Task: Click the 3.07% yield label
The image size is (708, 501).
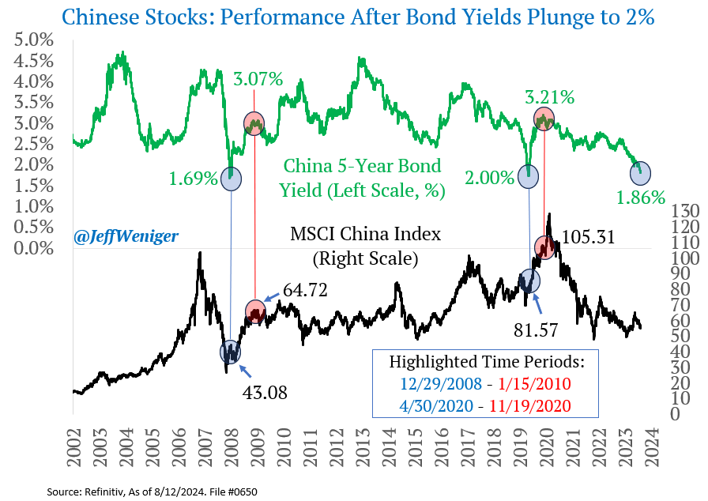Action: [x=258, y=79]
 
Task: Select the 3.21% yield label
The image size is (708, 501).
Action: [x=551, y=98]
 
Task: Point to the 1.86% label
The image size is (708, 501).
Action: [x=641, y=198]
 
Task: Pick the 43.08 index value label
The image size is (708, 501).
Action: [x=265, y=391]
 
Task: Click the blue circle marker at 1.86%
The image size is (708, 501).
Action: [x=641, y=173]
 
